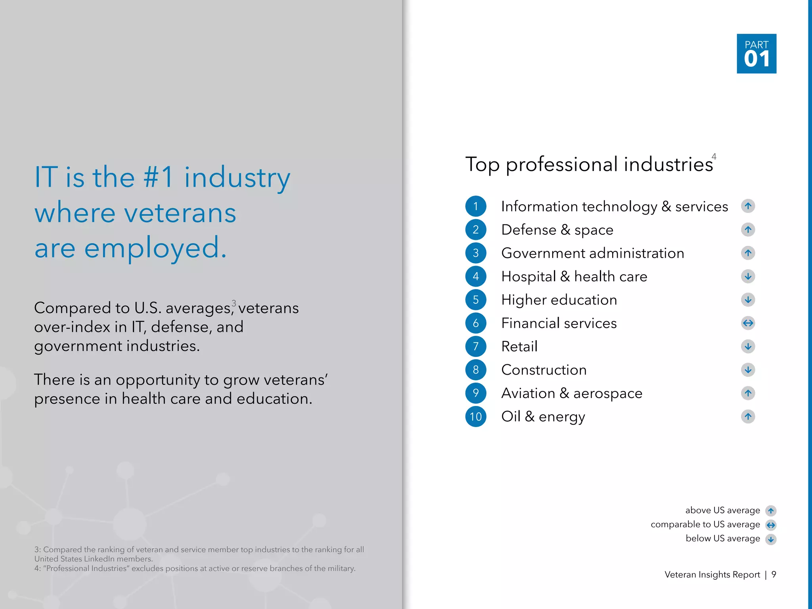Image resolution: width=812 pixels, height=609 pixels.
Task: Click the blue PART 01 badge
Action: [756, 54]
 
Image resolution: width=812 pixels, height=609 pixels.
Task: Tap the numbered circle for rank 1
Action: [475, 206]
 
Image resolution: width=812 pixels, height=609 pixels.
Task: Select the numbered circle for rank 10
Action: [475, 416]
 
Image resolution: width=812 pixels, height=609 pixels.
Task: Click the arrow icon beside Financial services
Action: [748, 323]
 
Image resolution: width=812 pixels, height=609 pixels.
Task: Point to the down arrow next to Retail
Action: [748, 347]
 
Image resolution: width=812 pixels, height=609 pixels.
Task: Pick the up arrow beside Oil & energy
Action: [748, 416]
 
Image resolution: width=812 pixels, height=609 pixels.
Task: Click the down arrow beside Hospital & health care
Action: [748, 276]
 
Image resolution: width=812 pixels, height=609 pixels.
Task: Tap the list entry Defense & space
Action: [557, 230]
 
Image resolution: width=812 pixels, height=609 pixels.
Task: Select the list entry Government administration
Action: [592, 253]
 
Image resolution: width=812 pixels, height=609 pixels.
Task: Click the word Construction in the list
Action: [544, 370]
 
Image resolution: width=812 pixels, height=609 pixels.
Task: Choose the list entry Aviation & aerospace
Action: [571, 393]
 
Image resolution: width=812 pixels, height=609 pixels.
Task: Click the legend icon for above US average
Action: [771, 511]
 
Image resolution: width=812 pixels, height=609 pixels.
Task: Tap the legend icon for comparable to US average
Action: [771, 525]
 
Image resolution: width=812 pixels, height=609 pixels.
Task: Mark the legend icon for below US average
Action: [771, 539]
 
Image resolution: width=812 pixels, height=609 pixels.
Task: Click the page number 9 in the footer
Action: [774, 575]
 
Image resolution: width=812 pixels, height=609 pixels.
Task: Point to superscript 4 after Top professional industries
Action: [714, 157]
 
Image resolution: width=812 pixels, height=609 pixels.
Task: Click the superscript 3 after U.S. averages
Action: [234, 303]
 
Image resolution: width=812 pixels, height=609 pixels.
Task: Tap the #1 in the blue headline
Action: [158, 177]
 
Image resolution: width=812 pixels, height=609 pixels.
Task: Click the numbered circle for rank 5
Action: [475, 300]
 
